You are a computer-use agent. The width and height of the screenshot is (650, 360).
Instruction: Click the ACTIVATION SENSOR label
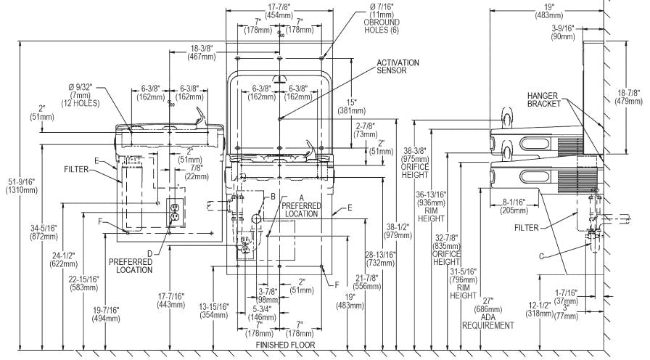[x=398, y=66]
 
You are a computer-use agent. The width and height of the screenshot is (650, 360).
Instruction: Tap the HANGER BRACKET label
[x=543, y=99]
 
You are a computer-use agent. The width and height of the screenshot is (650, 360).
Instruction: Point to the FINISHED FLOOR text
[x=285, y=345]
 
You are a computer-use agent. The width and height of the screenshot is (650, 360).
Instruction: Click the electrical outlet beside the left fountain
[x=175, y=212]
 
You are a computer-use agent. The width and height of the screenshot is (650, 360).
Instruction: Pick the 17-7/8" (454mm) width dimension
[x=279, y=11]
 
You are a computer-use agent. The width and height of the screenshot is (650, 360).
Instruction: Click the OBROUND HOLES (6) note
[x=382, y=18]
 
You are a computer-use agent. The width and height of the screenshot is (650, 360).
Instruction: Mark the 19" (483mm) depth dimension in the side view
[x=549, y=11]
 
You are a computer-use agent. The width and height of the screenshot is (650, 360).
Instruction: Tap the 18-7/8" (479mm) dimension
[x=628, y=97]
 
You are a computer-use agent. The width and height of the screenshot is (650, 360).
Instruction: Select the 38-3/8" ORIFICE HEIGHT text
[x=415, y=163]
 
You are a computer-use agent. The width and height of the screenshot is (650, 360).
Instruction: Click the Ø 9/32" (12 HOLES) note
[x=81, y=95]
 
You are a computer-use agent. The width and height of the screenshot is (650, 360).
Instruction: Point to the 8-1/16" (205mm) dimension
[x=514, y=207]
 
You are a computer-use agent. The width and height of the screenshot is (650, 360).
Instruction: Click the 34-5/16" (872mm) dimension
[x=44, y=232]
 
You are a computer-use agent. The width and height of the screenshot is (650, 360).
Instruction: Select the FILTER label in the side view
[x=527, y=228]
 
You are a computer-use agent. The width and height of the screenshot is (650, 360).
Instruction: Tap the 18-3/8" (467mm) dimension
[x=202, y=53]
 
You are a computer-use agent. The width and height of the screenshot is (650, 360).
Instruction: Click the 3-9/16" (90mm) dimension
[x=563, y=32]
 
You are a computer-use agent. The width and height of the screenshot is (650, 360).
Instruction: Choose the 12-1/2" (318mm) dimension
[x=540, y=309]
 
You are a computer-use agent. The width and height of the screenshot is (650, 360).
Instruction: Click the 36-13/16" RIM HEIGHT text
[x=431, y=207]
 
